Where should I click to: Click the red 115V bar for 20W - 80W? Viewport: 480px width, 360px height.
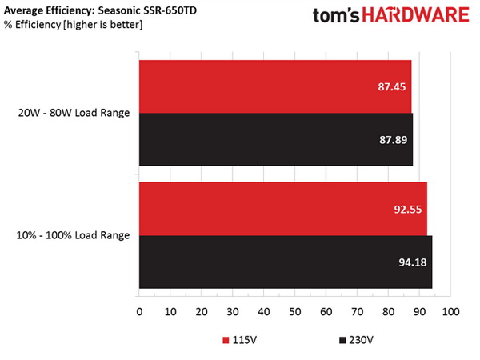pyautogui.click(x=275, y=86)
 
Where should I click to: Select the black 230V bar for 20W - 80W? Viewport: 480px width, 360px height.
pyautogui.click(x=276, y=139)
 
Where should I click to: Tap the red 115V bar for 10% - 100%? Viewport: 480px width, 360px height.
pyautogui.click(x=283, y=208)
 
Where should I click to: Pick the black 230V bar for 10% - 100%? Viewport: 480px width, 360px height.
pyautogui.click(x=286, y=262)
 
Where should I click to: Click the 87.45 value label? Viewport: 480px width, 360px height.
pyautogui.click(x=390, y=86)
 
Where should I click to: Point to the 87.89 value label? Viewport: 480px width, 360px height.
pyautogui.click(x=392, y=139)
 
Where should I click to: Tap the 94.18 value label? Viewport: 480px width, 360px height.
pyautogui.click(x=411, y=262)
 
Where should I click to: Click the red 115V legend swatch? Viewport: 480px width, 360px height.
pyautogui.click(x=226, y=340)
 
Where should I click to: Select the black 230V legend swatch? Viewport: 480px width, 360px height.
pyautogui.click(x=342, y=340)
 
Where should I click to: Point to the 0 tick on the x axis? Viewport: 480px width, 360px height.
pyautogui.click(x=139, y=311)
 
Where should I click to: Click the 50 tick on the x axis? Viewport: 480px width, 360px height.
pyautogui.click(x=294, y=311)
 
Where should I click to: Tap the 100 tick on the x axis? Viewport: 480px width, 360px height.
pyautogui.click(x=450, y=311)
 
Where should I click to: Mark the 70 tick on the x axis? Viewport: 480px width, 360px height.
pyautogui.click(x=357, y=311)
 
